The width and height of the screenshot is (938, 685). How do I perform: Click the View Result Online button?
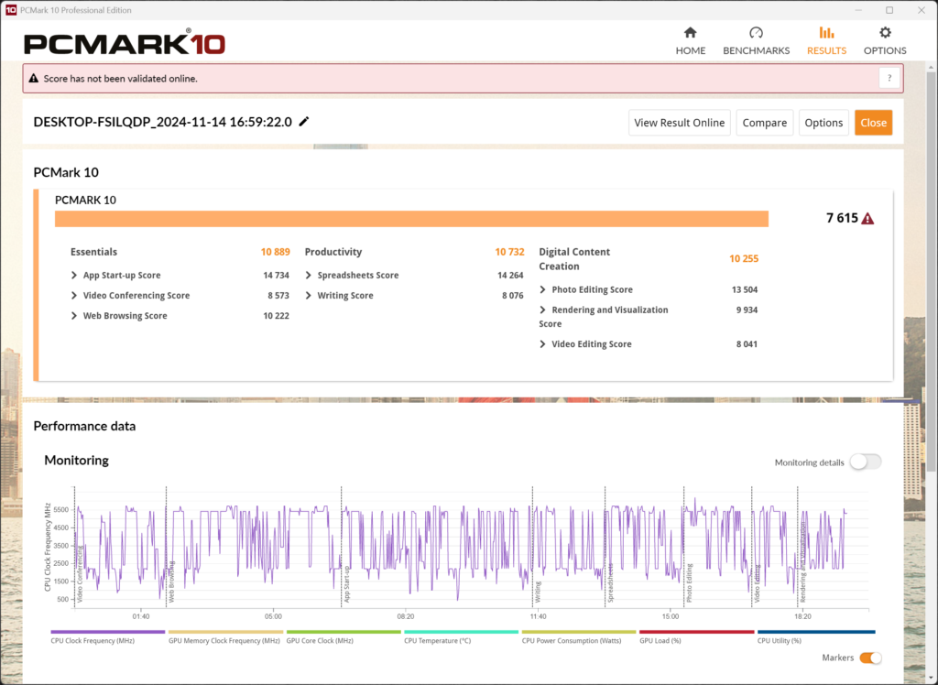[x=680, y=123]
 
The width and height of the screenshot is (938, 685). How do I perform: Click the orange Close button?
[x=873, y=123]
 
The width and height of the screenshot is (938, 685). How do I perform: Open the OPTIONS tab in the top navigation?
[x=885, y=40]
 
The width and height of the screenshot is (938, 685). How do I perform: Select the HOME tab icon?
[x=691, y=33]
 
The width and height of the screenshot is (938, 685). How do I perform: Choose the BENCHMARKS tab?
[x=756, y=40]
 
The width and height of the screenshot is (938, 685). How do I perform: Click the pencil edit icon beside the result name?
[x=304, y=122]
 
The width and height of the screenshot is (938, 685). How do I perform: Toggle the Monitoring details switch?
[x=865, y=462]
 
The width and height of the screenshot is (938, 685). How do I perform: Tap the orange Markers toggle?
[x=871, y=658]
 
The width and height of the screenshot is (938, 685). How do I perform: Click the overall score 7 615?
[x=842, y=218]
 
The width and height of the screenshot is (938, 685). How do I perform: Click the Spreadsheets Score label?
[x=357, y=276]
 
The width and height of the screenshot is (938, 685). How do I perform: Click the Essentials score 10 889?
[x=275, y=252]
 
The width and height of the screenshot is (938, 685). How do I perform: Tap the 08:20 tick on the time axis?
[x=406, y=616]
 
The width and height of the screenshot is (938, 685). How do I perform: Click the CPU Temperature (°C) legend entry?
[x=437, y=641]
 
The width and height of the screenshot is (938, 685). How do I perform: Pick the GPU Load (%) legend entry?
[x=660, y=641]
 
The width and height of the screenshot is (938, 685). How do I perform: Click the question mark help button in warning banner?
[x=889, y=79]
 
